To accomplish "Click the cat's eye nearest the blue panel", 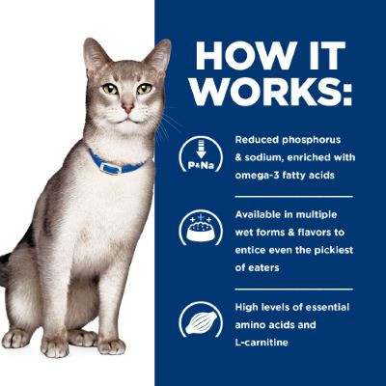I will tap(143, 89).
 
